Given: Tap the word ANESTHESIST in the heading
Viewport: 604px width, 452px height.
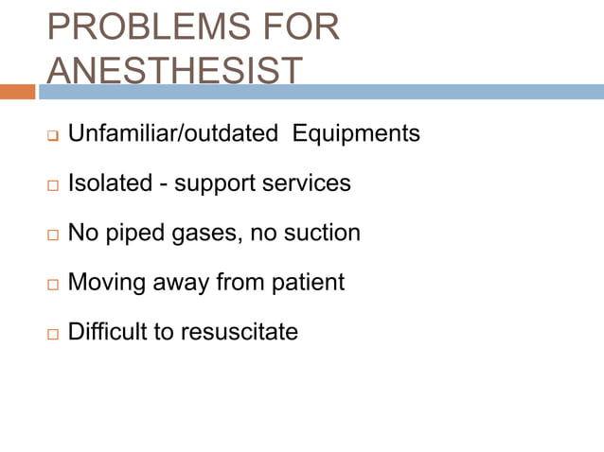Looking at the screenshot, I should click(175, 70).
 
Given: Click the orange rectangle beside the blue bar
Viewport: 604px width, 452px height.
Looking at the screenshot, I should click(18, 92).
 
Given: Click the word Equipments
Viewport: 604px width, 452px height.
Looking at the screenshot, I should click(356, 134).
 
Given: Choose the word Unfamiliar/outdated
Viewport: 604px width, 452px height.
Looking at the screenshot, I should click(172, 134).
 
